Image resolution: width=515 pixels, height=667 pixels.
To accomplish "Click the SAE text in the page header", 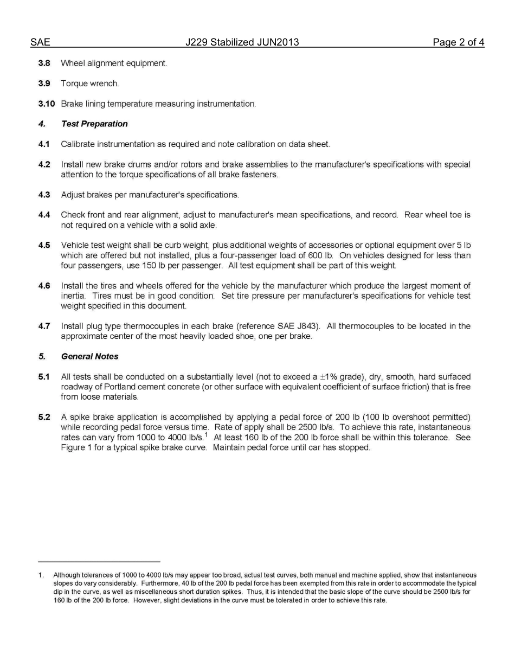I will pos(40,42).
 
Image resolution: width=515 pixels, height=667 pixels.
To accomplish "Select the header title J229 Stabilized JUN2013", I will pos(242,42).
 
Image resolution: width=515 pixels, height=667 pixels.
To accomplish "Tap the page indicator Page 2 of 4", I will pos(458,42).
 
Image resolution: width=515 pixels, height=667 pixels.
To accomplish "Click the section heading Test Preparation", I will pos(94,124).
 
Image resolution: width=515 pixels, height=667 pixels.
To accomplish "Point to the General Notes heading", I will pos(89,356).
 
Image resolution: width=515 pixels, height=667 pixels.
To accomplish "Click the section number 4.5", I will pos(44,245).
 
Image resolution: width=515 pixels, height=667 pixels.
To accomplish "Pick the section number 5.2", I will pos(44,417).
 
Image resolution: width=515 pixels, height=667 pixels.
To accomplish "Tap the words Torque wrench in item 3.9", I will pos(89,84).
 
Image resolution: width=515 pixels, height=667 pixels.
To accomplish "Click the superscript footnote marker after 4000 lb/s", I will pos(206,434).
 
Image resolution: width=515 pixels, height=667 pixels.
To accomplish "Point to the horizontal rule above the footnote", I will pos(99,562).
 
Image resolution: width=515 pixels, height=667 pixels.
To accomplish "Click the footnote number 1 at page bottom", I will pos(41,575).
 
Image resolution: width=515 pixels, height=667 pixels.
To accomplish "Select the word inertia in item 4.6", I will pos(73,296).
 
